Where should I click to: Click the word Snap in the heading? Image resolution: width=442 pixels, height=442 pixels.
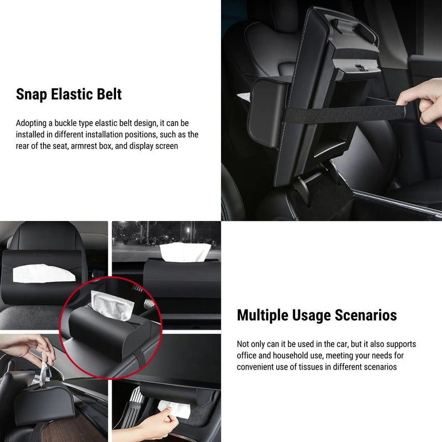(31, 94)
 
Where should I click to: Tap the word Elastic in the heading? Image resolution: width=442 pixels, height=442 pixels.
(68, 94)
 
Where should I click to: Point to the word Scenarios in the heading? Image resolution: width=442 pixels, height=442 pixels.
(366, 315)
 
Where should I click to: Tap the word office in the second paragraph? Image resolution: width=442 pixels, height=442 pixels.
(246, 355)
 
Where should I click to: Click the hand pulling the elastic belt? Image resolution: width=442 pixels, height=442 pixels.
(420, 103)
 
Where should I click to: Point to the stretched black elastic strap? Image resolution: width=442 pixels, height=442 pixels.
(344, 113)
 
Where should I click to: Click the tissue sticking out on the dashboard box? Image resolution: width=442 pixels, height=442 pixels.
(185, 252)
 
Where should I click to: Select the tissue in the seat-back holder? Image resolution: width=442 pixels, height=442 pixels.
(44, 273)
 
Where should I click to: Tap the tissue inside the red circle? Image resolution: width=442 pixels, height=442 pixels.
(112, 305)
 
